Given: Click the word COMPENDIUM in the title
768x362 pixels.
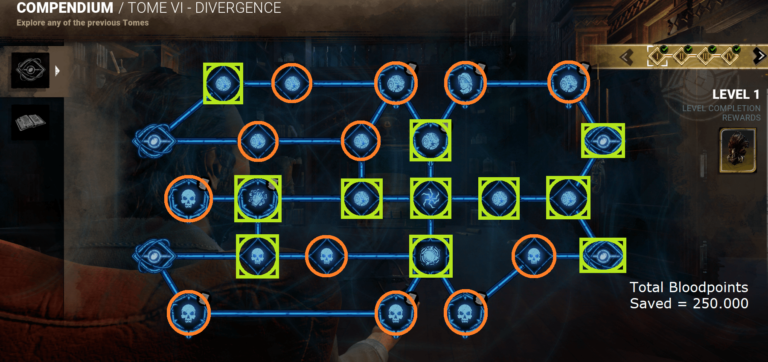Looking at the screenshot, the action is [x=65, y=8].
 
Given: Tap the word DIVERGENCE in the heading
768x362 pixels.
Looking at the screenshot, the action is [x=238, y=8].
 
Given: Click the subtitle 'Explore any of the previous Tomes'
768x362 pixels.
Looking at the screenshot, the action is [x=83, y=23].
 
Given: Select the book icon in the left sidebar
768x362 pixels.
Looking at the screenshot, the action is [x=30, y=123].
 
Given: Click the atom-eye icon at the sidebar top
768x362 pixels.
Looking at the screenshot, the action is [x=30, y=70].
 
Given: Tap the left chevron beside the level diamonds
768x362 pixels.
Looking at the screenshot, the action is [x=626, y=57].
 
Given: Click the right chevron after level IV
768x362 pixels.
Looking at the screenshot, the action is [x=759, y=56].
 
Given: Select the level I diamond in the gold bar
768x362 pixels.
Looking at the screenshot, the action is [x=657, y=56].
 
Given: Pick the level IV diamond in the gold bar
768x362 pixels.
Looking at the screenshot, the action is [x=730, y=56].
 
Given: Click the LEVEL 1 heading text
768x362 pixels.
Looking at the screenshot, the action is [x=736, y=94].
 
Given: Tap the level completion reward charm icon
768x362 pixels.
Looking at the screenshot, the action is [x=738, y=150].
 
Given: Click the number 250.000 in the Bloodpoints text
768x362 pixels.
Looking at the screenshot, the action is [x=721, y=303].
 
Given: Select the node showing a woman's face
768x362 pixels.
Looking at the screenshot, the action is [x=465, y=83].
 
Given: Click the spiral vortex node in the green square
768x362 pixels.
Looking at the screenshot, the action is [x=431, y=198].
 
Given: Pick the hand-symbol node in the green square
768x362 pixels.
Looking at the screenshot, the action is [x=258, y=198].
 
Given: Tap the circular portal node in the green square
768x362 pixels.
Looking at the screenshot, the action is [x=431, y=256].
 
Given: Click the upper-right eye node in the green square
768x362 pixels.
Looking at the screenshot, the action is [x=603, y=141].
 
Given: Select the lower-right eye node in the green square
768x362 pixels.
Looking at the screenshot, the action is [x=602, y=256].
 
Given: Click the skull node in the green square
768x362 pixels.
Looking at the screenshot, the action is [x=257, y=256].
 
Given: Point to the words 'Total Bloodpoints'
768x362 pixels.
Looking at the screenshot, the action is [x=689, y=287].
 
